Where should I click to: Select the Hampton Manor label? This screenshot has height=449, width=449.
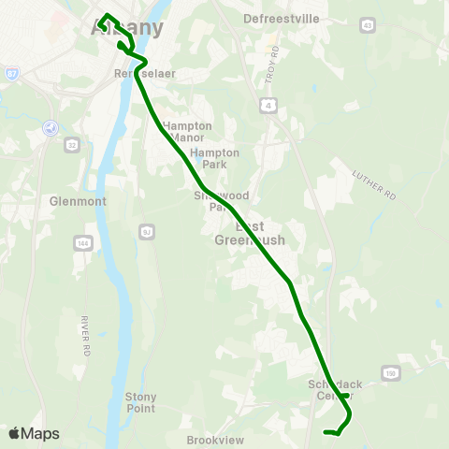coord(187,131)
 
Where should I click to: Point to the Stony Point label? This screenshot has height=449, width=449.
coord(141,402)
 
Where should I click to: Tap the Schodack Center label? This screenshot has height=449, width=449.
coord(334,390)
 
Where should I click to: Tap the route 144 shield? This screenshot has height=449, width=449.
coord(82,243)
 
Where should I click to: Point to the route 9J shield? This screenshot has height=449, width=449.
coord(146,231)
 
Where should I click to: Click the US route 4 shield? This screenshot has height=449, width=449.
coord(269,108)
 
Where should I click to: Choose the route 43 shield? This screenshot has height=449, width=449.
coord(367,24)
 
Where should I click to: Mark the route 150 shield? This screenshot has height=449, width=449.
coord(390,374)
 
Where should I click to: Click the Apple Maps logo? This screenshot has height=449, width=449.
coord(34,433)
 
